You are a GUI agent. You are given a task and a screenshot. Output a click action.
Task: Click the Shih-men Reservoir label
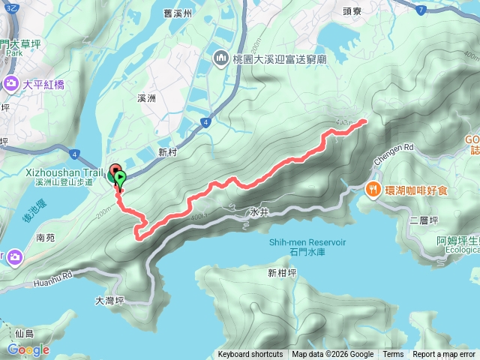(x=307, y=242)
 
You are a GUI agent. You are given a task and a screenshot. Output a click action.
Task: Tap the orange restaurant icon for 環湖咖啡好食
(x=372, y=190)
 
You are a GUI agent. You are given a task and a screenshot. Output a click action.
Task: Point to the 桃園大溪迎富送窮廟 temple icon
(x=221, y=58)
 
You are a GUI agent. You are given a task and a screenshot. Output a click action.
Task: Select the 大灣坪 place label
(x=109, y=300)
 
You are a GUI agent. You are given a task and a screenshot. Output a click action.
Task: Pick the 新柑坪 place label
(x=282, y=273)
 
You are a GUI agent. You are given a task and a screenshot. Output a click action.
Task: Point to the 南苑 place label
(x=45, y=237)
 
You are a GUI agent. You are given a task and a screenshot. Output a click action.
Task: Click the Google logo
(x=28, y=349)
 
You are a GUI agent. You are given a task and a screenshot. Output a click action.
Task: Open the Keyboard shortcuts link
(x=250, y=355)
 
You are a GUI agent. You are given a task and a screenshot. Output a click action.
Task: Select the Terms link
(x=393, y=355)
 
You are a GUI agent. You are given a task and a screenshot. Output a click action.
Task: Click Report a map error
(x=444, y=355)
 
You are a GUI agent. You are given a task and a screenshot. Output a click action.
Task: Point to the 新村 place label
(x=167, y=151)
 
